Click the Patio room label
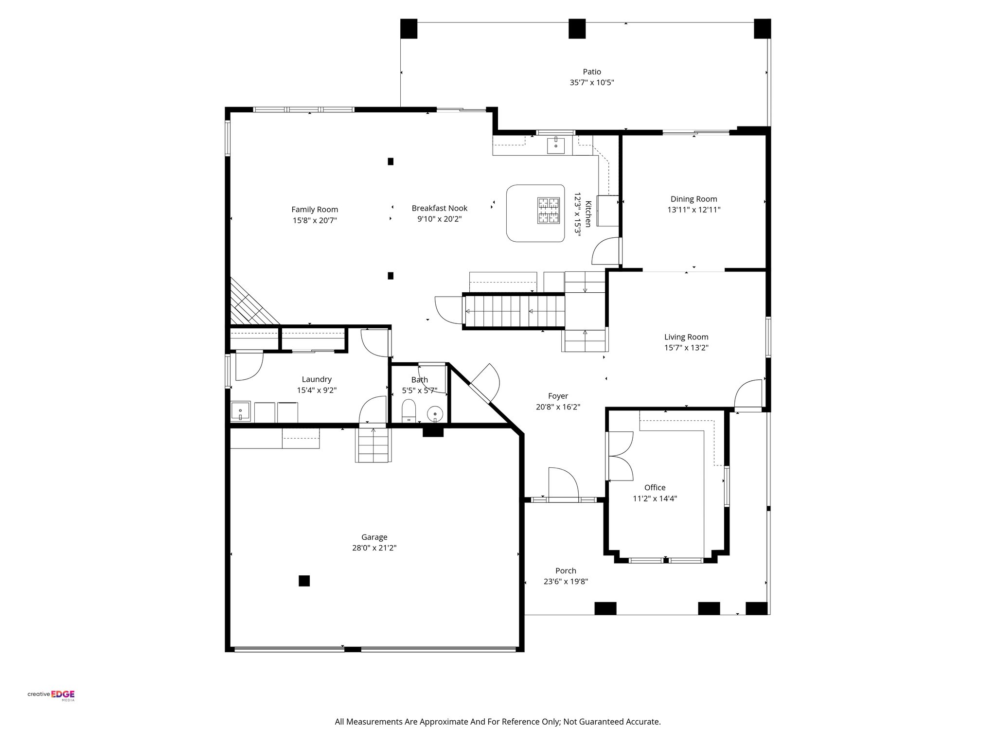click(x=592, y=72)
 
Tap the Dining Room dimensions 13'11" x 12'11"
click(x=694, y=210)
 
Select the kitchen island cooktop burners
click(x=549, y=211)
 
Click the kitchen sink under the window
click(x=556, y=145)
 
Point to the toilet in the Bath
click(x=409, y=410)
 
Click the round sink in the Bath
click(x=435, y=414)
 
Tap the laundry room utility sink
click(x=240, y=411)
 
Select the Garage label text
click(x=374, y=537)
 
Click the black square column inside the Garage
click(x=304, y=581)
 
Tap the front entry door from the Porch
click(x=563, y=483)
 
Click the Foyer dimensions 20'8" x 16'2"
click(x=558, y=407)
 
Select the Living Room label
click(x=686, y=337)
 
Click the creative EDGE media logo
click(x=51, y=695)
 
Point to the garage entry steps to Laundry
click(x=374, y=445)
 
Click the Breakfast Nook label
click(x=439, y=208)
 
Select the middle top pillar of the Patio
click(x=577, y=29)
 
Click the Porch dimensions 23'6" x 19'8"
click(x=566, y=581)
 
